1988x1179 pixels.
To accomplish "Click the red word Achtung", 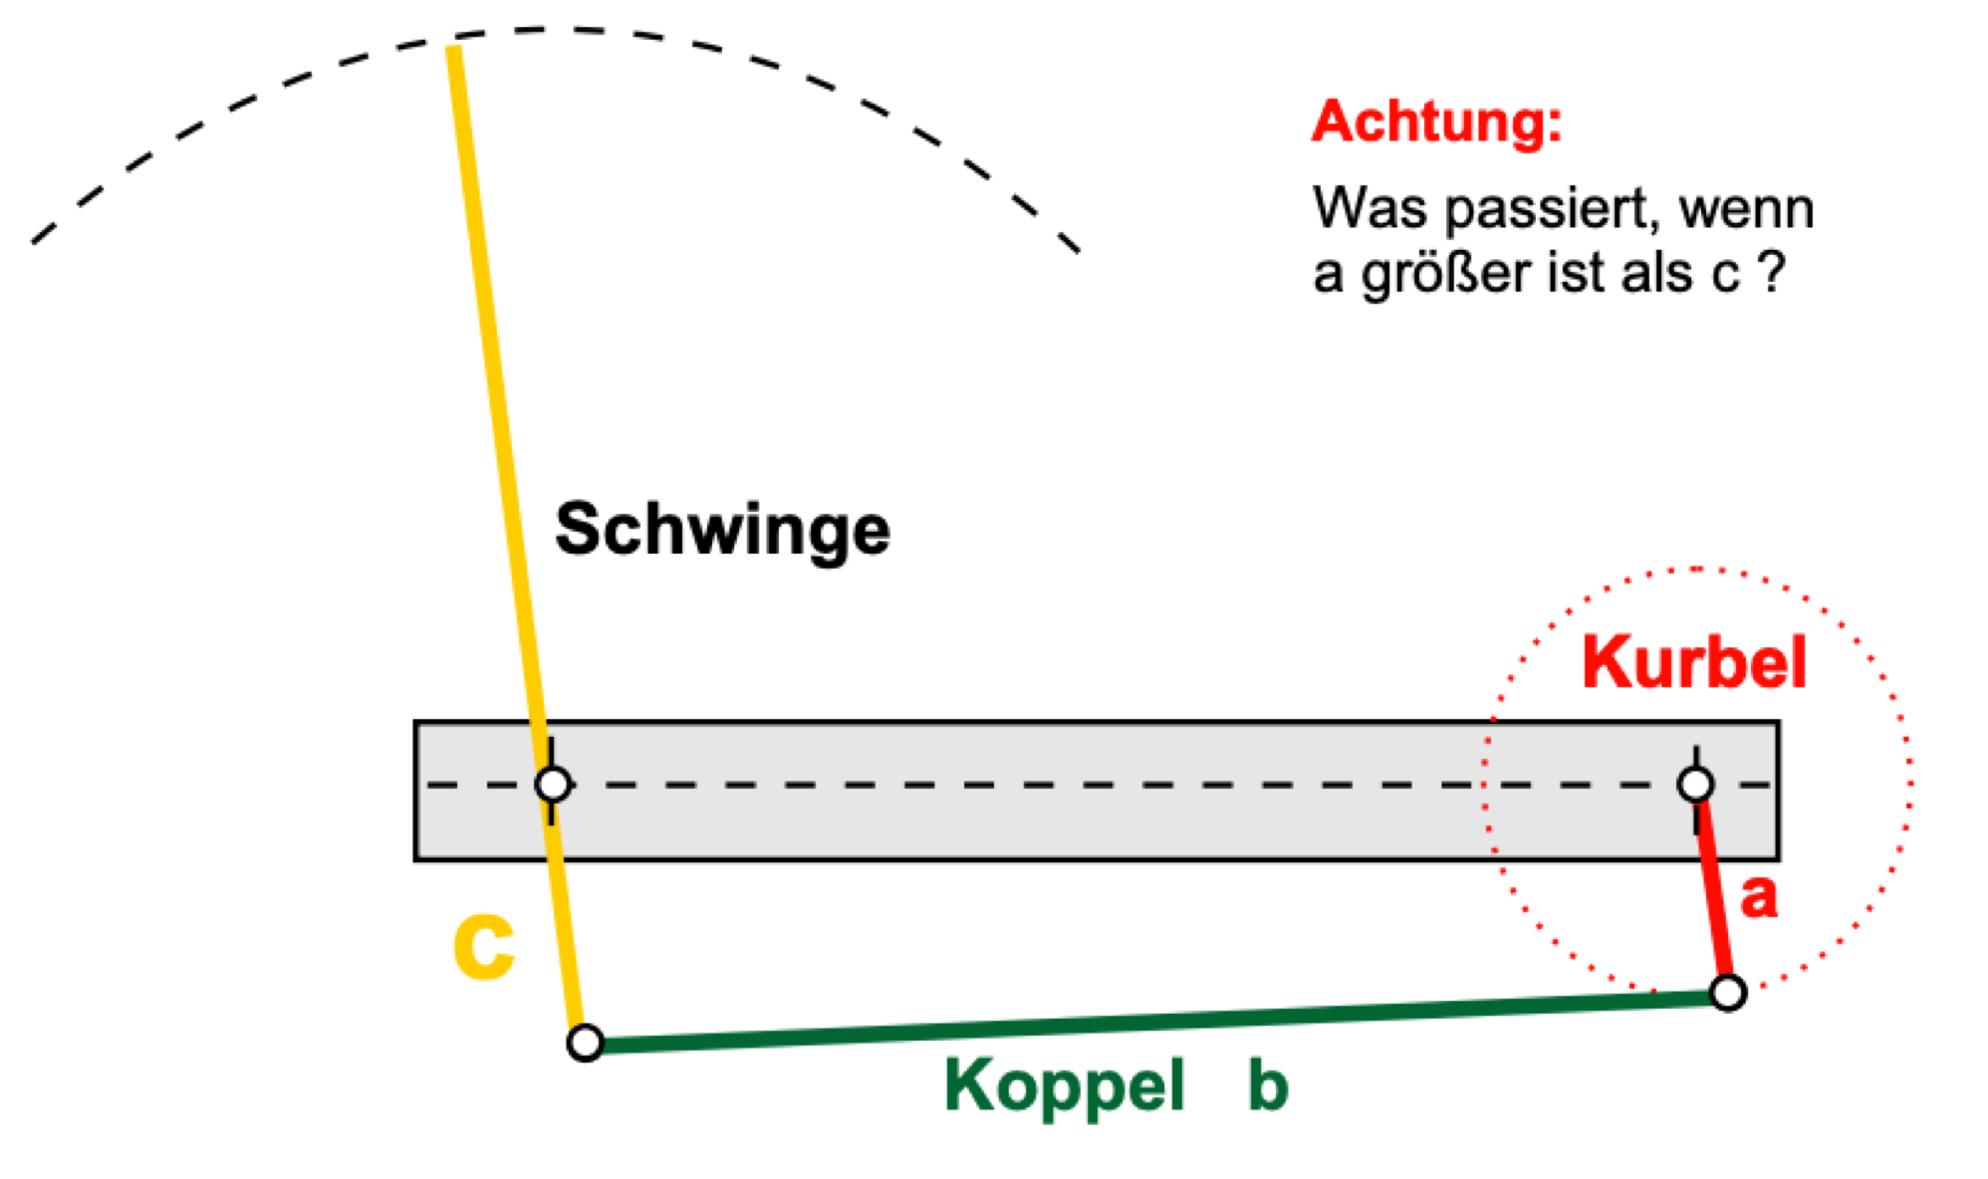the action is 1436,123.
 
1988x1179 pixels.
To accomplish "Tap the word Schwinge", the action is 722,531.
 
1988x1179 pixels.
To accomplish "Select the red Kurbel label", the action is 1693,662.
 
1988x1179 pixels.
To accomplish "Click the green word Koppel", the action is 1065,1086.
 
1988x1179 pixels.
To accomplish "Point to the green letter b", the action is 1268,1084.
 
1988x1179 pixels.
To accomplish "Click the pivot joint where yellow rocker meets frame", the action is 553,785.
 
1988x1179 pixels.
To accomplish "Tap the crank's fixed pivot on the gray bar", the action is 1695,785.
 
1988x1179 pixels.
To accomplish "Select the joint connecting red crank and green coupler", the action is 1728,993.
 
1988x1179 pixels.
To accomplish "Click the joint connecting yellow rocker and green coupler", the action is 586,1043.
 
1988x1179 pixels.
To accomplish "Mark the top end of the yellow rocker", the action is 453,47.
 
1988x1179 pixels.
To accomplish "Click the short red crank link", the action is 1712,889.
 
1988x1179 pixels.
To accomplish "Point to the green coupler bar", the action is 1156,1019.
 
